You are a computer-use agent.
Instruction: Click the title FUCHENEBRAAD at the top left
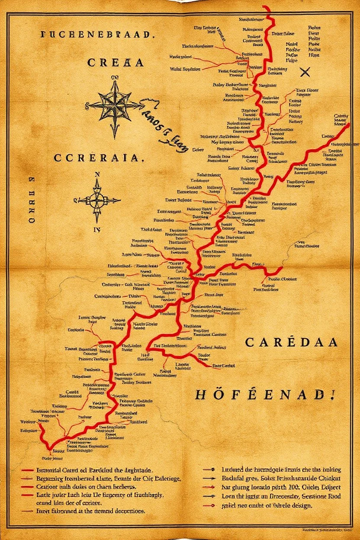[97, 35]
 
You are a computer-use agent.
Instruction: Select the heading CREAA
[115, 62]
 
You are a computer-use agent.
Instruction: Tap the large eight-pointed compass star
[114, 105]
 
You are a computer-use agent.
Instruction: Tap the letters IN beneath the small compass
[97, 230]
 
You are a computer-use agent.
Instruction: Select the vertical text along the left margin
[32, 203]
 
